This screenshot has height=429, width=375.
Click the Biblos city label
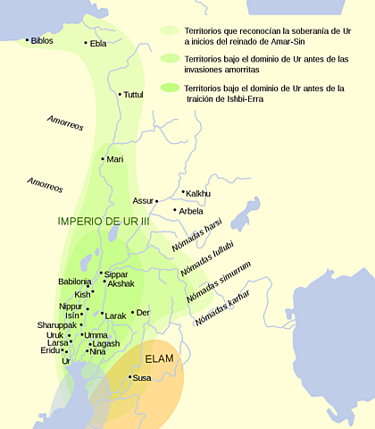click(x=42, y=40)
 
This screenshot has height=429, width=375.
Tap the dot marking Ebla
click(x=87, y=43)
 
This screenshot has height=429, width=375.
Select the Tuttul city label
click(x=134, y=94)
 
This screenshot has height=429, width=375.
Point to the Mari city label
click(x=114, y=159)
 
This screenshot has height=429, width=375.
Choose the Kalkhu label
click(x=197, y=192)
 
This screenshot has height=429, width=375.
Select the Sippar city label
click(x=117, y=274)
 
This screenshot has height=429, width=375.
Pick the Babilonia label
click(x=74, y=282)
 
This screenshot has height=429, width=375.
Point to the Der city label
click(x=142, y=313)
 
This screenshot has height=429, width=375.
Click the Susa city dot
click(x=131, y=378)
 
